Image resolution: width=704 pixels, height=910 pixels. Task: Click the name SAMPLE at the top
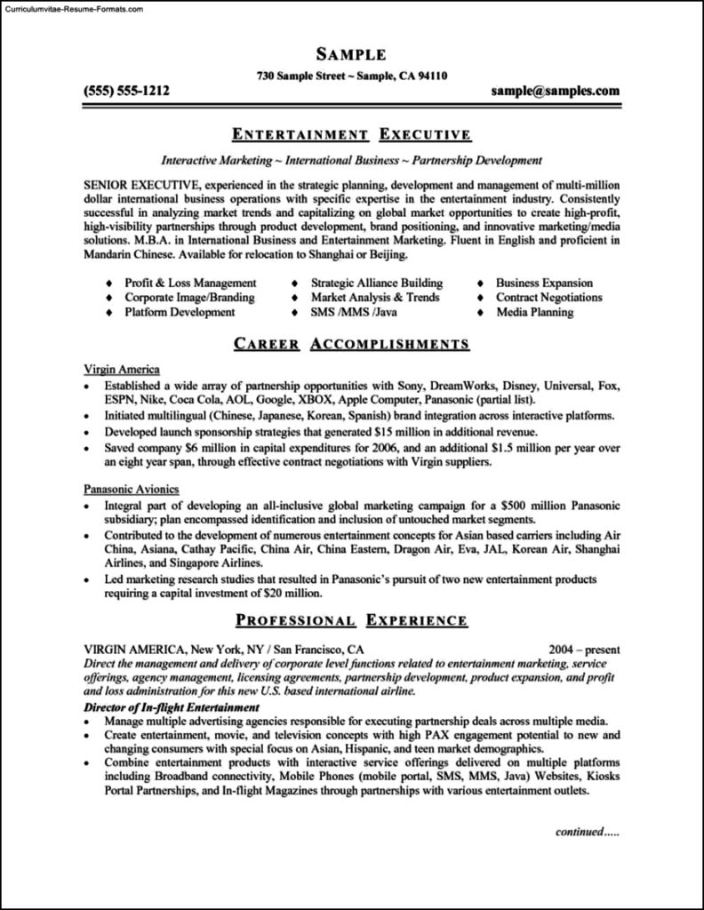351,55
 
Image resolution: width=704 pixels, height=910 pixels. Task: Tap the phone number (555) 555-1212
126,91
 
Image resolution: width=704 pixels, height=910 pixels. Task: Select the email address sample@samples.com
555,91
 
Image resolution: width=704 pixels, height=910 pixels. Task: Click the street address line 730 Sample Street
351,76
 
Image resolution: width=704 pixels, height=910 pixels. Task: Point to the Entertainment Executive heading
351,135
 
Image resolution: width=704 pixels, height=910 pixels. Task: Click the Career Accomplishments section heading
351,344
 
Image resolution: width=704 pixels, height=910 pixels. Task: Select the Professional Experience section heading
351,619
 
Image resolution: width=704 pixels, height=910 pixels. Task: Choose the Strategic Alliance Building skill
376,283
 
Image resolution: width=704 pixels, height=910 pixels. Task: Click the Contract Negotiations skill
548,298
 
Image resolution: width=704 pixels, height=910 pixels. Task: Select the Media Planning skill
534,312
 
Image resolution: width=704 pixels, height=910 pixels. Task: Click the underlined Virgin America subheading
122,368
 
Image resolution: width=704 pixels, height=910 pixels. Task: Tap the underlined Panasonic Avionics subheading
132,489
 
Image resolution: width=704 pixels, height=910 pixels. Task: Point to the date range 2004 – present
584,649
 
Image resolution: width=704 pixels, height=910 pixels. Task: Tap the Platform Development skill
180,312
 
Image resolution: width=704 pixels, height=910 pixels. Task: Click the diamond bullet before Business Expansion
480,283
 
